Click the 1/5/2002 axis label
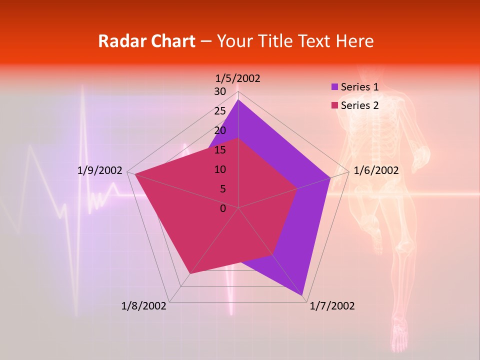[x=238, y=78]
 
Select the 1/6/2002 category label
[x=376, y=170]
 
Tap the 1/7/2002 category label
[x=332, y=306]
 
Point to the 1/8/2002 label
[x=144, y=306]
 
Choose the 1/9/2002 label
[x=100, y=170]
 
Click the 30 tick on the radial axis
[x=220, y=91]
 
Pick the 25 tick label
[x=220, y=111]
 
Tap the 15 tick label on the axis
[x=220, y=150]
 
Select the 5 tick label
[x=223, y=189]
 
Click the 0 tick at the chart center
[x=223, y=208]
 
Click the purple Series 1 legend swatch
[x=334, y=87]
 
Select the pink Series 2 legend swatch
[x=334, y=105]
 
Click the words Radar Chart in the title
[x=146, y=41]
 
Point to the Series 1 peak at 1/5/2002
[x=238, y=100]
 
